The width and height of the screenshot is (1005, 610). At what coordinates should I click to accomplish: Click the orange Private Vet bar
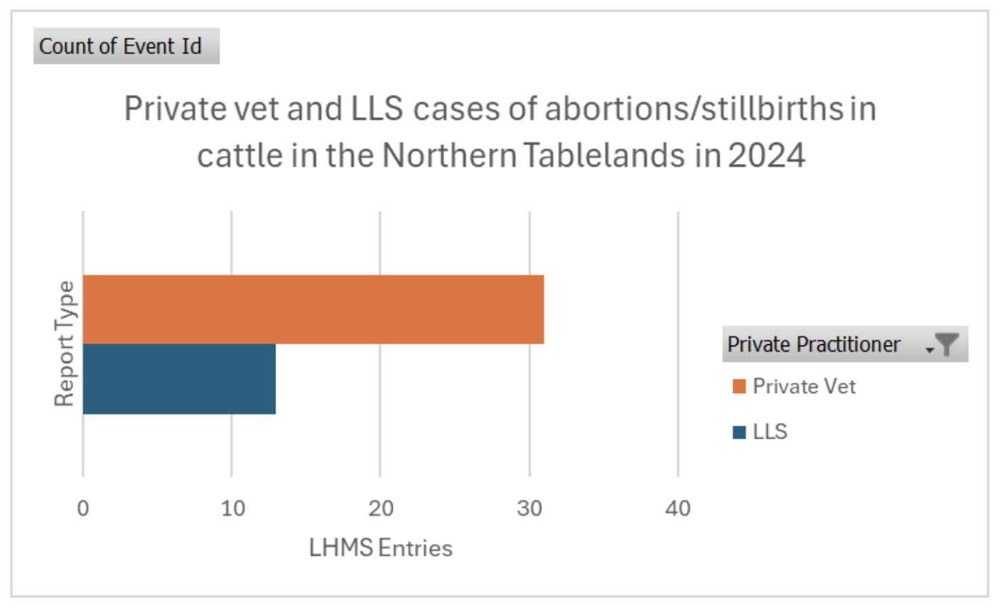(313, 309)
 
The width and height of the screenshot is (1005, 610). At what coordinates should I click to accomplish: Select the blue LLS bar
(179, 379)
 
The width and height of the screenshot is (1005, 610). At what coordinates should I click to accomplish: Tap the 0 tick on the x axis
(83, 508)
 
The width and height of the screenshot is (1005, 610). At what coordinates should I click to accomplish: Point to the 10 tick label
(233, 508)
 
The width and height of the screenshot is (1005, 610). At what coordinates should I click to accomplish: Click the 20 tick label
(380, 508)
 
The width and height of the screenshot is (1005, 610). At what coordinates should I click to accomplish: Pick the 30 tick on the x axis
(529, 508)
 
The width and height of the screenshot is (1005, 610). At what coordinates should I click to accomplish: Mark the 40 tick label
(677, 508)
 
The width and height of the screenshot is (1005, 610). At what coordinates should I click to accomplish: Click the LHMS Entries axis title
(380, 548)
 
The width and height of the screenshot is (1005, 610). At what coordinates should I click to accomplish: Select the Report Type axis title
(64, 344)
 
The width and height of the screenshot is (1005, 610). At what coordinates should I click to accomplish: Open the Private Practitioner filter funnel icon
(945, 344)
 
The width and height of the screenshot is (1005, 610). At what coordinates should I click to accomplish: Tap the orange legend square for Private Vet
(739, 386)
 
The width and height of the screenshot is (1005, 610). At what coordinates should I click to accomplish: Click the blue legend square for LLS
(739, 432)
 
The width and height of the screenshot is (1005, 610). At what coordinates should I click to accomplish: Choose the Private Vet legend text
(804, 386)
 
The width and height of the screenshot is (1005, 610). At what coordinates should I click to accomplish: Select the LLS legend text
(770, 432)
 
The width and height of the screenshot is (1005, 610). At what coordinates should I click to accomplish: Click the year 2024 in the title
(766, 155)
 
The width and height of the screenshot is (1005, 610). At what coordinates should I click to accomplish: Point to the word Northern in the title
(450, 155)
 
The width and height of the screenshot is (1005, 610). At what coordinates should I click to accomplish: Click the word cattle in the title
(240, 155)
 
